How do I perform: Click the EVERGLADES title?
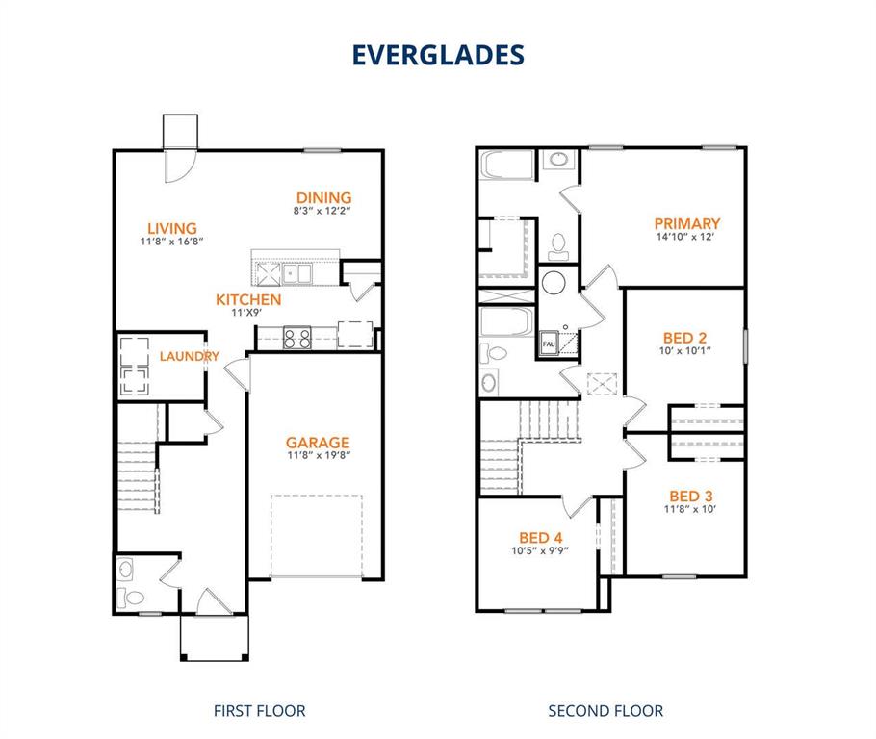coord(438,55)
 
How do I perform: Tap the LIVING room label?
coord(172,228)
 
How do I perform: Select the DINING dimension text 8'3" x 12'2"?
coord(322,211)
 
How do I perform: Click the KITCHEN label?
coord(248,299)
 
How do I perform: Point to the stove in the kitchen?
coord(296,338)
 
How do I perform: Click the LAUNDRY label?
coord(190,356)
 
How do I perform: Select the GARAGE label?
coord(317,443)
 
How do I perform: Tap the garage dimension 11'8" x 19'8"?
coord(317,456)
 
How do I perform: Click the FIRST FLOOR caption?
coord(259,711)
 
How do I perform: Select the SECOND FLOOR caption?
coord(605,711)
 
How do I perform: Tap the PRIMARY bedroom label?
coord(687,223)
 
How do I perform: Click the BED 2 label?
coord(684,338)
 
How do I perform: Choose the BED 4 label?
coord(540,537)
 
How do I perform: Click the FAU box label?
coord(549,344)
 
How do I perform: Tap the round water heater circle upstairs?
coord(554,283)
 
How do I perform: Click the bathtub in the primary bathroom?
coord(507,166)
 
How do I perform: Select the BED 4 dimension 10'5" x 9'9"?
coord(540,551)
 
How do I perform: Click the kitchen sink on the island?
coord(294,273)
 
